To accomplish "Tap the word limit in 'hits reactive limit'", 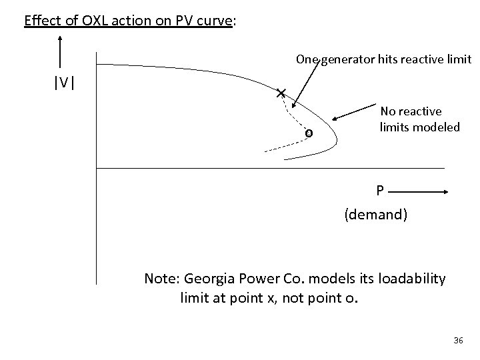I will (459, 59).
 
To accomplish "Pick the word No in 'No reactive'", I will (388, 111).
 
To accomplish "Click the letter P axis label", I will (379, 191).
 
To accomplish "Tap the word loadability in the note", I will (407, 277).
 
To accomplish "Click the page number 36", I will (458, 341).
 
